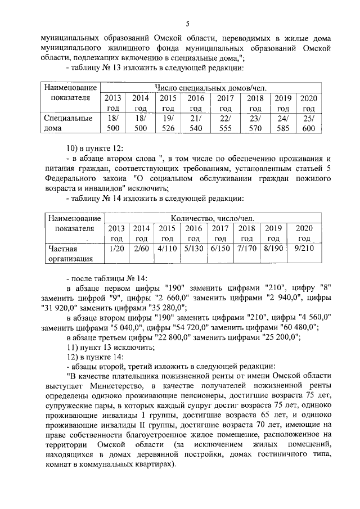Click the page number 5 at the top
(188, 24)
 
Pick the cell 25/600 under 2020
(309, 123)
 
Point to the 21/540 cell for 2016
(196, 123)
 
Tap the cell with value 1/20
(116, 248)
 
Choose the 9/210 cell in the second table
(304, 248)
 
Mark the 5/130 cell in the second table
(193, 248)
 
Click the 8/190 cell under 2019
(273, 248)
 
